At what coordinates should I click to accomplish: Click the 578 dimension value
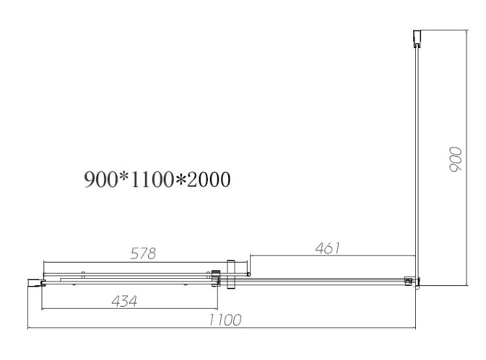click(x=143, y=253)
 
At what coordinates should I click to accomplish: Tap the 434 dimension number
click(x=124, y=301)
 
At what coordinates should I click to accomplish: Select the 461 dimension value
click(x=327, y=248)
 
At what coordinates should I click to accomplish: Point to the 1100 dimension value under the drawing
click(x=225, y=320)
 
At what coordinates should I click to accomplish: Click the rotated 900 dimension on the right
click(x=455, y=159)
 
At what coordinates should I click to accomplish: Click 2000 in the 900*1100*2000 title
click(x=209, y=179)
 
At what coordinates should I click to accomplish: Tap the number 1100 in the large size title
click(x=152, y=179)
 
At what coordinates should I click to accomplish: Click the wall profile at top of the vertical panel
click(x=417, y=39)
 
